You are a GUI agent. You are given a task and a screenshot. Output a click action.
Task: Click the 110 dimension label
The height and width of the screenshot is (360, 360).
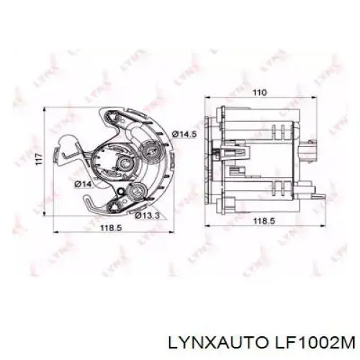tap(260, 92)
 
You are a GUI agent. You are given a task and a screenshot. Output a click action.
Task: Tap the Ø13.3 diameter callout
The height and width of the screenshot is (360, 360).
tap(148, 215)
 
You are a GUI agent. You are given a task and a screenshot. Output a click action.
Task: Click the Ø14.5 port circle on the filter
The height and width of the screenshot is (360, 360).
tap(150, 150)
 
